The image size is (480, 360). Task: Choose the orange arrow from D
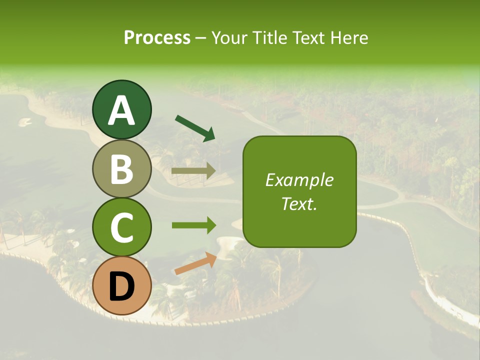click(195, 263)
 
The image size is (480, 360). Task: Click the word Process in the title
click(157, 37)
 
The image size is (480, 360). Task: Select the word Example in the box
click(299, 180)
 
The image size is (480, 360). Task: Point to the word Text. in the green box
click(299, 203)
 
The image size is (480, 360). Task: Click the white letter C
click(122, 228)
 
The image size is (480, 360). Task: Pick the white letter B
click(122, 169)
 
